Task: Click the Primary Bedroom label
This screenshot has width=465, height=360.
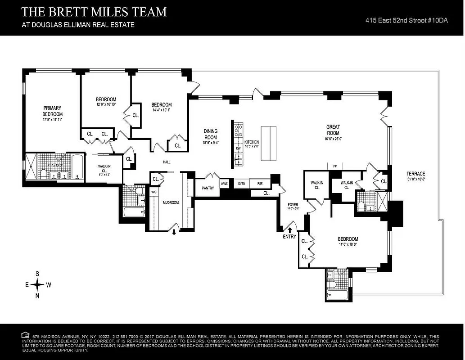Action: point(52,111)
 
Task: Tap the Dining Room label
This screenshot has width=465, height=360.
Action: point(211,134)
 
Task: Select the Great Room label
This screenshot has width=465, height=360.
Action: point(333,130)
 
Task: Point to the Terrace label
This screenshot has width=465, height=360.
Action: point(415,174)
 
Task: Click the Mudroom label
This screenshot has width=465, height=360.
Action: point(171,202)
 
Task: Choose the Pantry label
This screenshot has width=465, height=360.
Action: point(207,188)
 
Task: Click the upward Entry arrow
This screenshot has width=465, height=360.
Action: point(290,230)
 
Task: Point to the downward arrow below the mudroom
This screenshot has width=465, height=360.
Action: point(175,232)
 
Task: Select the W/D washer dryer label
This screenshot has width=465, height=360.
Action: point(153,192)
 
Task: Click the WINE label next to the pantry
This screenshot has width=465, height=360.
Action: point(224,184)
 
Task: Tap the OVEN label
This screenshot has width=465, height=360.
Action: point(241,184)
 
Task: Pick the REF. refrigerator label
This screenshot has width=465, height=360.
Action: point(260,184)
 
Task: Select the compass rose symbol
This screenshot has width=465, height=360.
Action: point(37,284)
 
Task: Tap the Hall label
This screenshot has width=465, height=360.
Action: point(166,162)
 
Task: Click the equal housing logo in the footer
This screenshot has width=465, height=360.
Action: point(25,335)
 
